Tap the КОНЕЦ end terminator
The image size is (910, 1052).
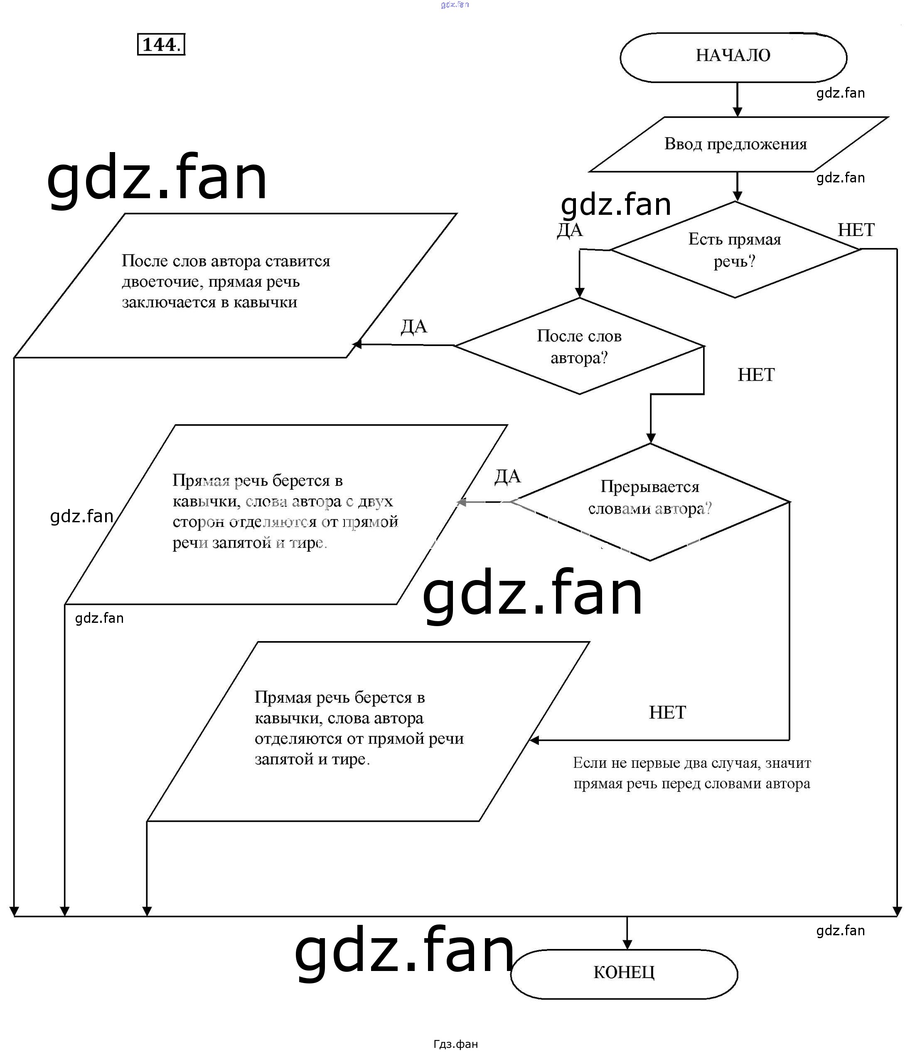624,972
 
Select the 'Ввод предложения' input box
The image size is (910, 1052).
735,144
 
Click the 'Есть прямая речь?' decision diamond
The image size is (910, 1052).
734,250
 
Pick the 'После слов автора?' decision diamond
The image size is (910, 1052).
579,346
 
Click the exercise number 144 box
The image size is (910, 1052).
161,45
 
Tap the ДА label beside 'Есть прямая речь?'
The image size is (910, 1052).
570,230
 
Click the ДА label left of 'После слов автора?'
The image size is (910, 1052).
414,327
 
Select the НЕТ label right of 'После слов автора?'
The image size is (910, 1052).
755,375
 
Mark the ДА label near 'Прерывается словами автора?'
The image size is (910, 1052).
507,476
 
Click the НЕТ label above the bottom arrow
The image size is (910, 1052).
667,712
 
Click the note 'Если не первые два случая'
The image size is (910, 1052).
691,773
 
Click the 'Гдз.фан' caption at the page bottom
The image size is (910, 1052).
455,1044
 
